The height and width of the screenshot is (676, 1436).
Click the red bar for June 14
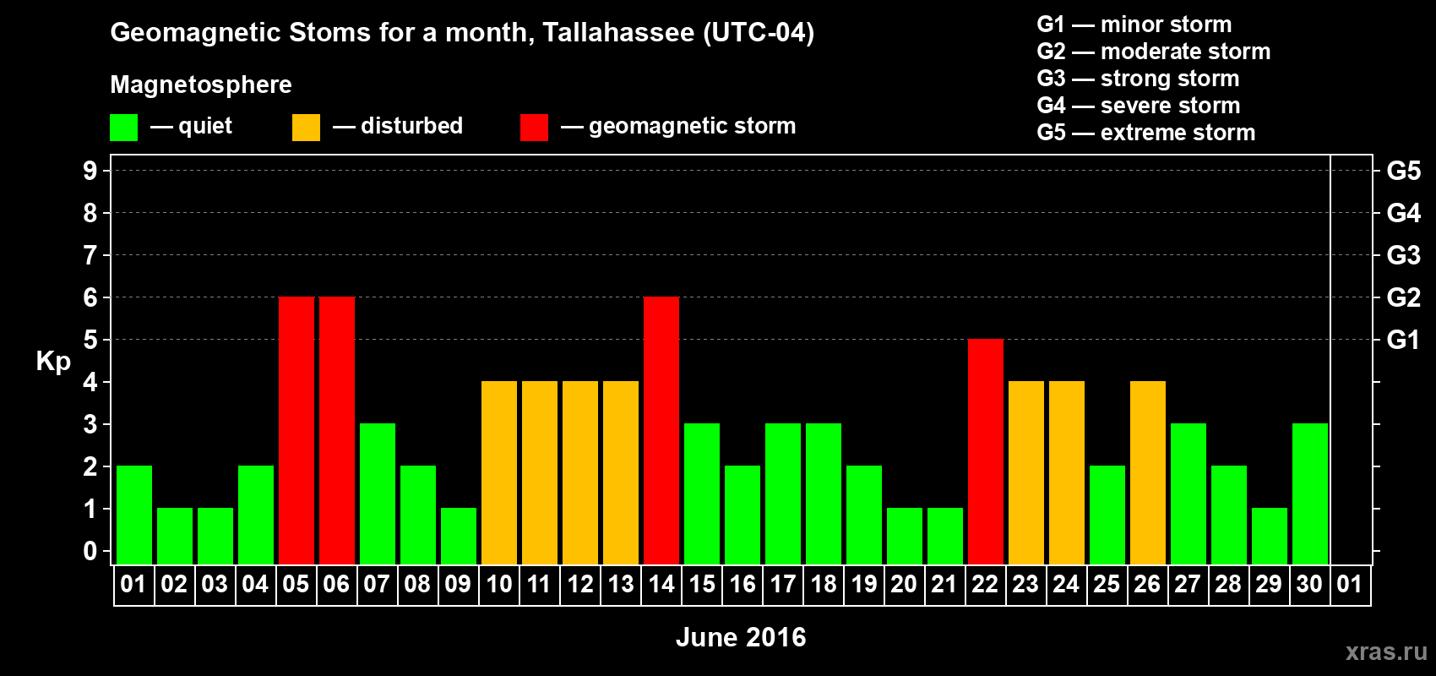click(661, 430)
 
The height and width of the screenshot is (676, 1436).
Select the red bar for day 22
click(985, 451)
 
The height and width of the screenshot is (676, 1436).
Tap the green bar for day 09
click(459, 537)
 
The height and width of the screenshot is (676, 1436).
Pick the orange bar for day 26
click(1147, 472)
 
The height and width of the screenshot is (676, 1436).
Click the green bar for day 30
click(1309, 493)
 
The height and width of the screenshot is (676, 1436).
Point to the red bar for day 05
click(296, 430)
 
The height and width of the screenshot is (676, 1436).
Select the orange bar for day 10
click(498, 472)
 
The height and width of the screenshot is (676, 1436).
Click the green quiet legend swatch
click(123, 127)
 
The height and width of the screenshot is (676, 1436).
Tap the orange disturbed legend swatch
click(306, 127)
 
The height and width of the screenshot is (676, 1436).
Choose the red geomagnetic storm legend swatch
click(534, 127)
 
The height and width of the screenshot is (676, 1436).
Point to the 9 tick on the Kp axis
click(90, 171)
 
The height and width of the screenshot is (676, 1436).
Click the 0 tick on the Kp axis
click(90, 552)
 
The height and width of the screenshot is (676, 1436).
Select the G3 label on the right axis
click(1404, 255)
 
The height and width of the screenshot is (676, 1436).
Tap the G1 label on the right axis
click(1404, 340)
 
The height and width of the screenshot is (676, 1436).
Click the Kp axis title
click(53, 362)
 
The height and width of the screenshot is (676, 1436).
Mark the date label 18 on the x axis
click(823, 584)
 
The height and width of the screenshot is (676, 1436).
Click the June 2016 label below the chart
click(741, 637)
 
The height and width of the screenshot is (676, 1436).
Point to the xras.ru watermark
click(1386, 651)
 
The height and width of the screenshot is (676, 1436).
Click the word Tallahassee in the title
click(618, 32)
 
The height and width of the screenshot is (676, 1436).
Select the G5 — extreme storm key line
click(1145, 133)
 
